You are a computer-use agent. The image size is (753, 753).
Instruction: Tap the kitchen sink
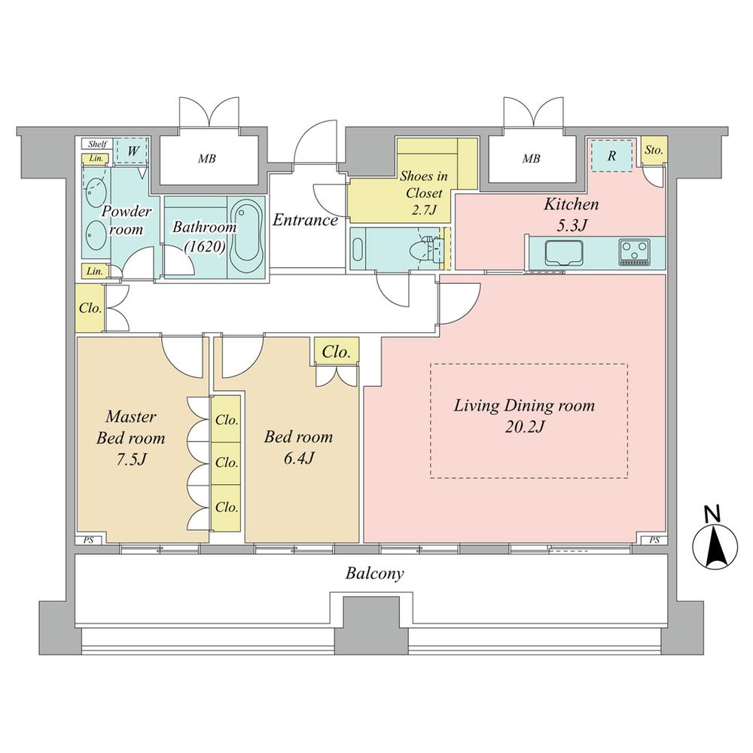[558, 251]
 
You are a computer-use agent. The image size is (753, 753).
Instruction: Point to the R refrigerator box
[612, 157]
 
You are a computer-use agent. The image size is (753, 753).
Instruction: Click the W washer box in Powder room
[133, 150]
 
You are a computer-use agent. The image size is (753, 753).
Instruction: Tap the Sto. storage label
[654, 150]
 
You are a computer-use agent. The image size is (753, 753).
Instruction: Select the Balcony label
[375, 574]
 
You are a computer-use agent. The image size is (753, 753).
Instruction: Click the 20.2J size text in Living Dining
[524, 427]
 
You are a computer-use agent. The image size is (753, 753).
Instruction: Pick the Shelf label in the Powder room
[97, 144]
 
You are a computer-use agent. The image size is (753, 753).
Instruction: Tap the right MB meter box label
[531, 159]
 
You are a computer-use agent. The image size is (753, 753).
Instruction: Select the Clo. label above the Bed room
[336, 352]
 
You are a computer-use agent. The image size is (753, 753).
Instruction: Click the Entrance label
[305, 220]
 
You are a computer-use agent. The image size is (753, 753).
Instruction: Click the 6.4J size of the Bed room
[297, 458]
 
